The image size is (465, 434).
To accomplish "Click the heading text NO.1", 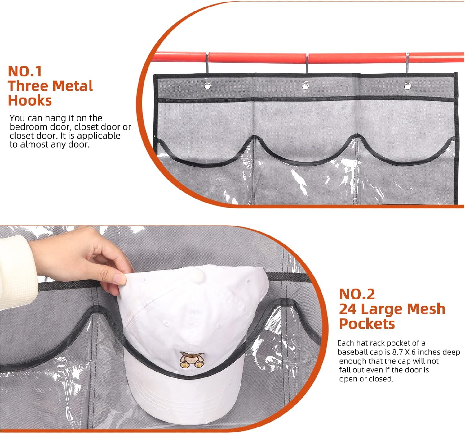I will click(25, 71).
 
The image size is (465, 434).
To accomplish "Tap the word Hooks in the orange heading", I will click(30, 101).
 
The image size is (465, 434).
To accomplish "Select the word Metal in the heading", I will click(73, 86).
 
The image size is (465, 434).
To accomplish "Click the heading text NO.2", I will click(357, 294).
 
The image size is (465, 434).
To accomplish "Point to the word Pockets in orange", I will click(367, 324).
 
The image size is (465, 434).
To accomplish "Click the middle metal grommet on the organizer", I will click(305, 85).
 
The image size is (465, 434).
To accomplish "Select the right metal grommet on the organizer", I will click(407, 85).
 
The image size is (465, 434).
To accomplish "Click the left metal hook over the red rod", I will click(207, 64).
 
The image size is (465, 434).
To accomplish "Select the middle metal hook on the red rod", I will click(307, 64).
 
